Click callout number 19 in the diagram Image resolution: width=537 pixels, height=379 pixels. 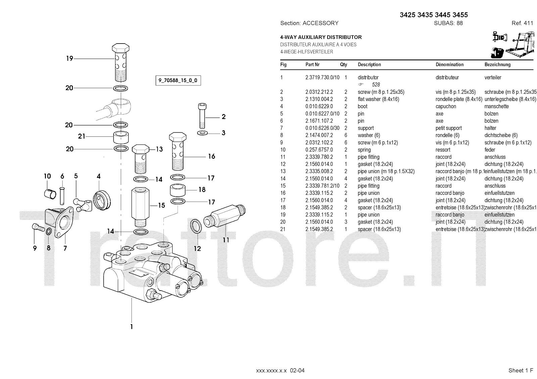tap(69, 59)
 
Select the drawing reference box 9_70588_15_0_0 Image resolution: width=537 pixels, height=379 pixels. tap(178, 80)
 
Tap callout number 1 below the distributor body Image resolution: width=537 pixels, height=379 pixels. tap(132, 326)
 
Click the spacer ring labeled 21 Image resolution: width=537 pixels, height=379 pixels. tap(121, 137)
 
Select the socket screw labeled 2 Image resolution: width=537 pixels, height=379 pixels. tap(202, 116)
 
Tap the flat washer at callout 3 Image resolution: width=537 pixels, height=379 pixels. tap(202, 133)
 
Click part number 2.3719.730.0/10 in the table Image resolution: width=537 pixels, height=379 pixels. tap(322, 77)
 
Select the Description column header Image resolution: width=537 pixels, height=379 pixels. tap(369, 65)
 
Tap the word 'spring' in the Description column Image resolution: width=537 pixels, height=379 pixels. tap(364, 150)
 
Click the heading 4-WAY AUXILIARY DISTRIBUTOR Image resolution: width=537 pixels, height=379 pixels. tap(321, 37)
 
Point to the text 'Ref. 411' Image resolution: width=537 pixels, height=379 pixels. tap(522, 23)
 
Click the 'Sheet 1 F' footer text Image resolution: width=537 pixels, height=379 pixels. tap(521, 370)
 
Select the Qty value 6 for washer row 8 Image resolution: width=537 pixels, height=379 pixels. tap(346, 135)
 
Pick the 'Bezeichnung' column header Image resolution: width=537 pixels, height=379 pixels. tap(497, 65)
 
